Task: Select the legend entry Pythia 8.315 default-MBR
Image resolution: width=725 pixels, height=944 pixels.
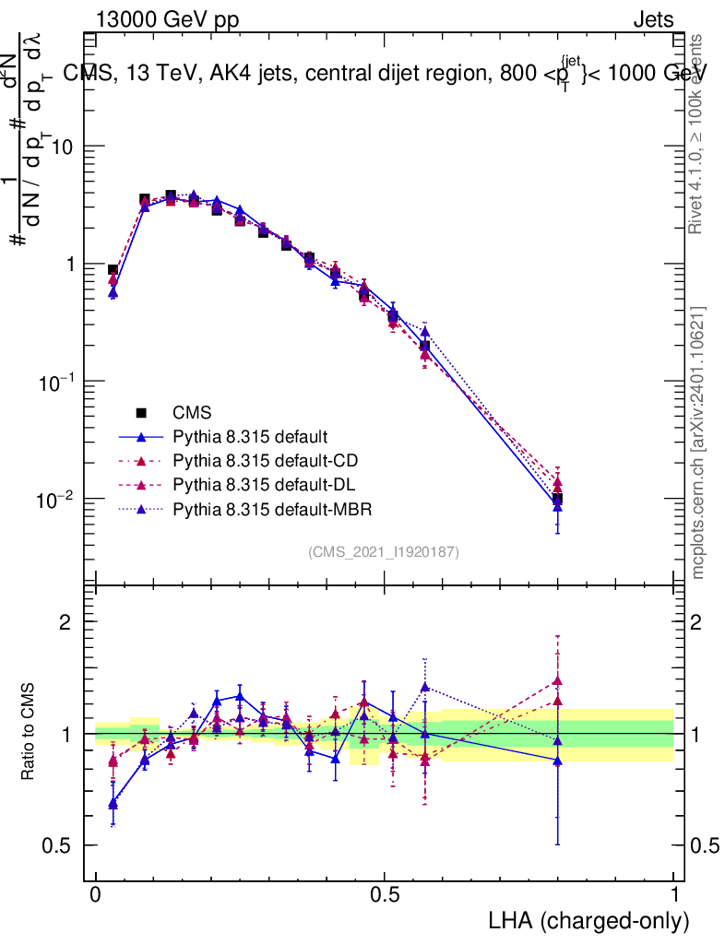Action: pyautogui.click(x=267, y=508)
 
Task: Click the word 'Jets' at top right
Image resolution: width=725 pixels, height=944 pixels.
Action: pyautogui.click(x=653, y=20)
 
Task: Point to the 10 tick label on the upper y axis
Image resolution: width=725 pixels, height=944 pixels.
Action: pyautogui.click(x=63, y=147)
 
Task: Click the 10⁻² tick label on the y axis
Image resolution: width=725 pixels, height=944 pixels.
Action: pyautogui.click(x=55, y=500)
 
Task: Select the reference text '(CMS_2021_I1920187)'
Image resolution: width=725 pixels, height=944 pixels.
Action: pyautogui.click(x=384, y=552)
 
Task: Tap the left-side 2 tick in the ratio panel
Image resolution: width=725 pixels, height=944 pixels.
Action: pyautogui.click(x=65, y=622)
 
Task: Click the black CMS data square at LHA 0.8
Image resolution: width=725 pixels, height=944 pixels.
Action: pyautogui.click(x=557, y=500)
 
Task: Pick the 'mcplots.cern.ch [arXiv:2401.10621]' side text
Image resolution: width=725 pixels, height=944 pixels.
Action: pyautogui.click(x=698, y=442)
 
